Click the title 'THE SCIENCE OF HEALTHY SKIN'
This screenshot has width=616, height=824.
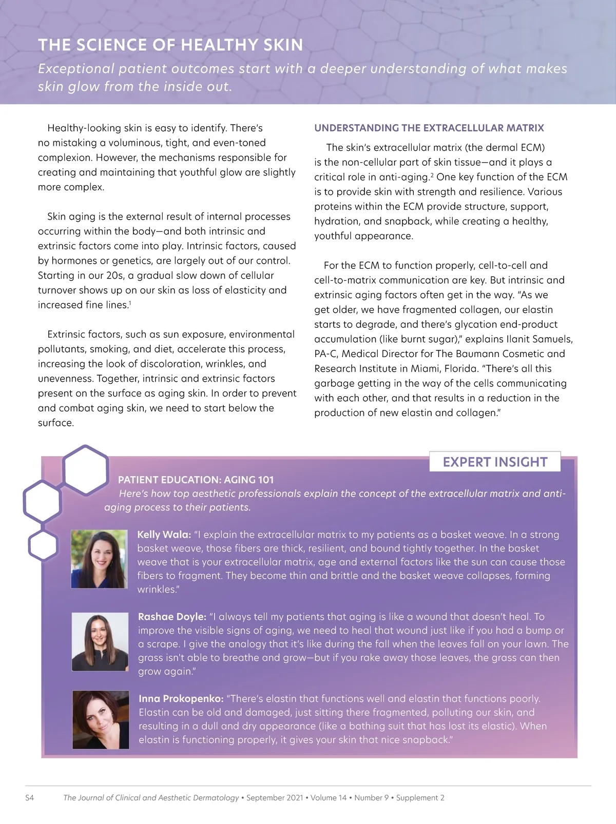pyautogui.click(x=170, y=45)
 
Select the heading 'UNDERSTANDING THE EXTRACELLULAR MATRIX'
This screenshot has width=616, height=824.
pyautogui.click(x=429, y=128)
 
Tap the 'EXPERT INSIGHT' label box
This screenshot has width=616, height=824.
pyautogui.click(x=495, y=462)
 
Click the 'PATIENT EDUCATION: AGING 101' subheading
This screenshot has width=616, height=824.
pyautogui.click(x=196, y=480)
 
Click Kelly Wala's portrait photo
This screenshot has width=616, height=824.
pyautogui.click(x=99, y=559)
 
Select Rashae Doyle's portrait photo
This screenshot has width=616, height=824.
pyautogui.click(x=100, y=641)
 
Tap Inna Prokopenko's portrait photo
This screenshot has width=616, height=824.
pyautogui.click(x=101, y=719)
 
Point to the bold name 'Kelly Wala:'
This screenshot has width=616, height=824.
pyautogui.click(x=164, y=535)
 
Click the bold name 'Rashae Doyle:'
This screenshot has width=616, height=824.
pyautogui.click(x=172, y=617)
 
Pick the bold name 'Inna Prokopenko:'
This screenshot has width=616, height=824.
pyautogui.click(x=181, y=699)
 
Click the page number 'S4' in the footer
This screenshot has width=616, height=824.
pyautogui.click(x=30, y=798)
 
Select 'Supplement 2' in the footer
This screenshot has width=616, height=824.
pyautogui.click(x=420, y=798)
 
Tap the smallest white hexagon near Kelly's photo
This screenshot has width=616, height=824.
pyautogui.click(x=43, y=545)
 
